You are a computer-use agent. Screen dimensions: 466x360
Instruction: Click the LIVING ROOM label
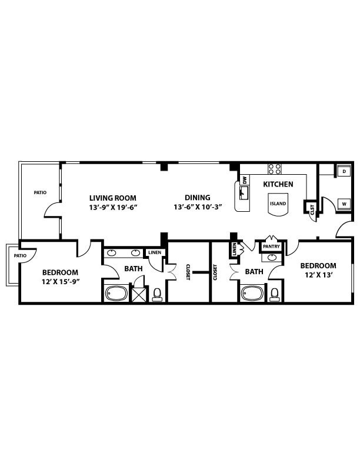point(113,198)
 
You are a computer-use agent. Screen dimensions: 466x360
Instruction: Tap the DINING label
point(197,198)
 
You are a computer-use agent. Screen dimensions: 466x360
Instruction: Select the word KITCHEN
point(278,184)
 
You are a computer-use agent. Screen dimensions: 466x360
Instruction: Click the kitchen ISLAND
point(278,204)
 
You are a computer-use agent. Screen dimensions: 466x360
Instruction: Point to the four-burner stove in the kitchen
point(275,169)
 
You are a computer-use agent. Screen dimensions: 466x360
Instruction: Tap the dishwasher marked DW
point(244,180)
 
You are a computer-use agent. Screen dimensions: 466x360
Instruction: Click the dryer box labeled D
point(344,171)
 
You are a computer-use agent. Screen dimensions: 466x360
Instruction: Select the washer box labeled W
point(344,204)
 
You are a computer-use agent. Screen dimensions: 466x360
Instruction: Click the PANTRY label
point(272,246)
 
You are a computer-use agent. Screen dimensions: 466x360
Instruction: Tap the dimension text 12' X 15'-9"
point(61,282)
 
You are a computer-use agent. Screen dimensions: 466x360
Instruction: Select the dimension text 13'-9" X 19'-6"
point(113,207)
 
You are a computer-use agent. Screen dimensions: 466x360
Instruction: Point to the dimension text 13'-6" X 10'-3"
point(197,207)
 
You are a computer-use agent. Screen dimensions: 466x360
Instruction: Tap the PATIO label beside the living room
point(39,192)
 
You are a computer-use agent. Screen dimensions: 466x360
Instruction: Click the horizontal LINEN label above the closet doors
point(154,252)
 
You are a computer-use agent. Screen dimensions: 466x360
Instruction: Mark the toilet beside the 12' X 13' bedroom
point(274,294)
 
